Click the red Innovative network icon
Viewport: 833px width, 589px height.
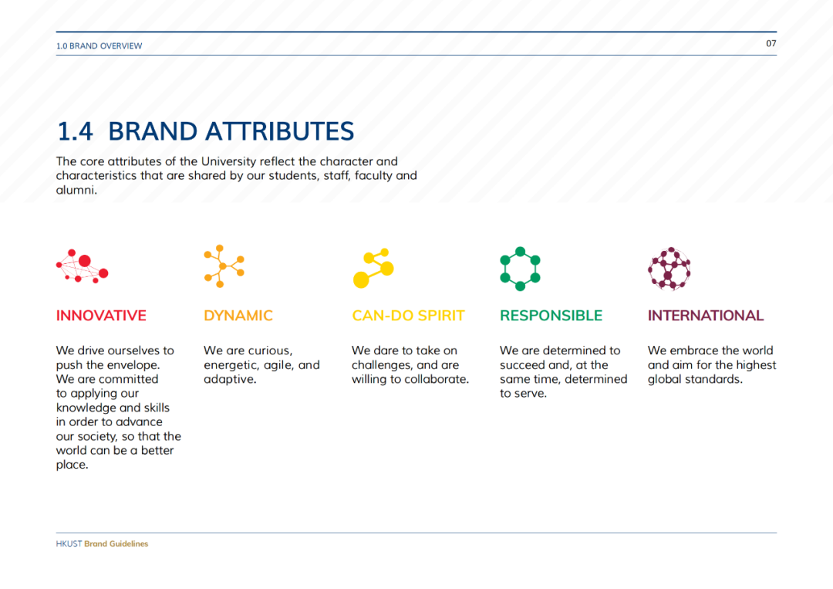[83, 266]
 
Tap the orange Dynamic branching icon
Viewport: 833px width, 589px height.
[223, 266]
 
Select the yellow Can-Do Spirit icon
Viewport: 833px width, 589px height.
[373, 268]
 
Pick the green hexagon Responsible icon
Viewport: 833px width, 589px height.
[520, 269]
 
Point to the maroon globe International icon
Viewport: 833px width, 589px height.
[669, 269]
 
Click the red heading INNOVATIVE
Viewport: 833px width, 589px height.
[101, 316]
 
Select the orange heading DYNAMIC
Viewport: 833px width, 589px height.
[238, 316]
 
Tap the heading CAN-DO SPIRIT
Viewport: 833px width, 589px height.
[408, 316]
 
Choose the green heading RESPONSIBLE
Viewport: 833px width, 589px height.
[551, 316]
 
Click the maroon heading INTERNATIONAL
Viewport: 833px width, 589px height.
[706, 316]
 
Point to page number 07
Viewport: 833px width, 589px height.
[771, 43]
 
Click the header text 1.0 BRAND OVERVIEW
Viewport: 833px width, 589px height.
[99, 46]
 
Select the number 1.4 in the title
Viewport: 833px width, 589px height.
[75, 131]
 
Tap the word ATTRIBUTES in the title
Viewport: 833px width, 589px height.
[279, 131]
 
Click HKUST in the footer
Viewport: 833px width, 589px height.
[69, 543]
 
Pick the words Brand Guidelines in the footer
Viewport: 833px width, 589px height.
[116, 543]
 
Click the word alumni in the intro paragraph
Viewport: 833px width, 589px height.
[76, 191]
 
